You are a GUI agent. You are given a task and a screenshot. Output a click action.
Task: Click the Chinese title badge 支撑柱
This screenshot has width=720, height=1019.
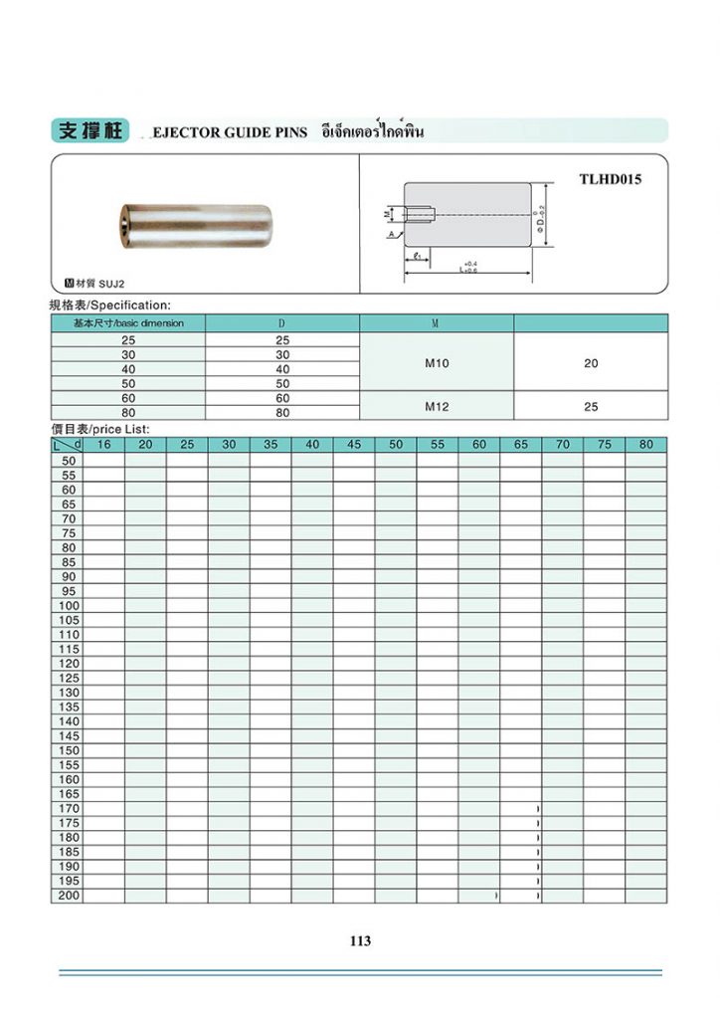click(90, 131)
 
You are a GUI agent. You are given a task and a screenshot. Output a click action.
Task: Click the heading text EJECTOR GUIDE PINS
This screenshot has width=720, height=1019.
click(230, 132)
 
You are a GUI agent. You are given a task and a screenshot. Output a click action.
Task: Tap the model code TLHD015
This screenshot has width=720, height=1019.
click(610, 180)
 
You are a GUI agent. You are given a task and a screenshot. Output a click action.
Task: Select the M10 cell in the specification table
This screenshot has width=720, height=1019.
click(437, 363)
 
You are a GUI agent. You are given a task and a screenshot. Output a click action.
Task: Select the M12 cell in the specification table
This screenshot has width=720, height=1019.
click(437, 406)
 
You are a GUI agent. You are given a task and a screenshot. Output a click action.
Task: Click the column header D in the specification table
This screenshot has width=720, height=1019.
click(282, 323)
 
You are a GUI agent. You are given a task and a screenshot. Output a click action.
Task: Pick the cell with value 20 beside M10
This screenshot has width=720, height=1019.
click(591, 363)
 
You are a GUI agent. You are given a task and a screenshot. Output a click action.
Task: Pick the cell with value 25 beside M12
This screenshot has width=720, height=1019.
click(591, 406)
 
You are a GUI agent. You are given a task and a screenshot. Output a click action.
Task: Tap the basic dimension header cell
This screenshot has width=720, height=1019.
click(128, 323)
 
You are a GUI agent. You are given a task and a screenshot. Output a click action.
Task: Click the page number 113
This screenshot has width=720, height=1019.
click(360, 940)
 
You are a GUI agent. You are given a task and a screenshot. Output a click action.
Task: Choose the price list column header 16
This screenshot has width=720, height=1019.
click(103, 445)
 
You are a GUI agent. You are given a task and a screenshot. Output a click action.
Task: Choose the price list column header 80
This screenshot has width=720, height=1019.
click(646, 445)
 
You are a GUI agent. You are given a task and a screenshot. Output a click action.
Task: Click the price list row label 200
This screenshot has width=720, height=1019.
click(69, 896)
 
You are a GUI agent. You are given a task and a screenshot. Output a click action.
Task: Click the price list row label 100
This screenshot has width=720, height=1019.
click(69, 605)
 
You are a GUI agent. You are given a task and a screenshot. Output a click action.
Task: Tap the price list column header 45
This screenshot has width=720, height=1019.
click(354, 445)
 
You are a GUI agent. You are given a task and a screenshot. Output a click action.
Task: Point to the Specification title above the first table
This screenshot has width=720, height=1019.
click(110, 305)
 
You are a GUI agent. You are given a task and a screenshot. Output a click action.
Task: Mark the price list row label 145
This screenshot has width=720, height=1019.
click(69, 735)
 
